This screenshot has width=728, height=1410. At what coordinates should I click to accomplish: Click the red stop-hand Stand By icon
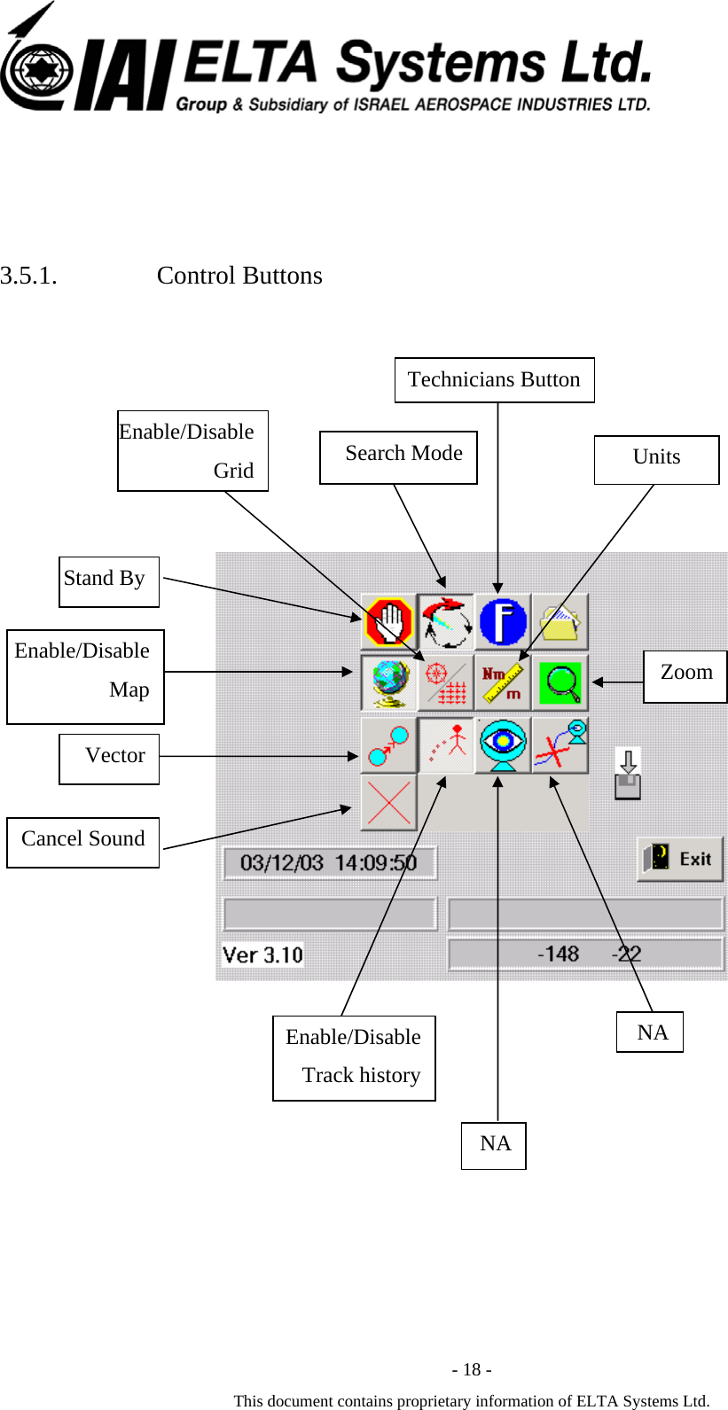(x=389, y=621)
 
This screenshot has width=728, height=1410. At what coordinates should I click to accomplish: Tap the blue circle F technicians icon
(x=503, y=621)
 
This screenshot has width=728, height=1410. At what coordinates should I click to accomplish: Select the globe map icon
(x=389, y=682)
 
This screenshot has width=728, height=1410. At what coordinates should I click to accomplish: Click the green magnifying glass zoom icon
(x=560, y=682)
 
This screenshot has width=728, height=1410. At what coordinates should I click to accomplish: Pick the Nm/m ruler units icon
(x=503, y=682)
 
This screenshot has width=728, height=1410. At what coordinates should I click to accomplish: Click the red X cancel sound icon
(x=388, y=803)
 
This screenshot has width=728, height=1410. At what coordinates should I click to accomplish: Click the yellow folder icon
(x=560, y=621)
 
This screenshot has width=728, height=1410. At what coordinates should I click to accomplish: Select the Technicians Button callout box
(x=494, y=380)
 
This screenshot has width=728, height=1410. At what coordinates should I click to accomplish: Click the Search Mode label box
(x=398, y=457)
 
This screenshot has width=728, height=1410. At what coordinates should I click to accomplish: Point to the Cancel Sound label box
(x=83, y=842)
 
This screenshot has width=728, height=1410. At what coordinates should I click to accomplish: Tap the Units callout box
(x=656, y=459)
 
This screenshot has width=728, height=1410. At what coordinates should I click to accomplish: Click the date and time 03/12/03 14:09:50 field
(x=329, y=863)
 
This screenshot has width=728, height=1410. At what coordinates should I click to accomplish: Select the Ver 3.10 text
(x=262, y=955)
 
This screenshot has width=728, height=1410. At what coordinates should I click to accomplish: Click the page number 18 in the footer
(x=472, y=1370)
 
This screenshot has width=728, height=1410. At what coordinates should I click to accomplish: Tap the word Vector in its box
(x=114, y=756)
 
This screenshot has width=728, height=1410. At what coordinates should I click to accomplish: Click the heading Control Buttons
(x=239, y=276)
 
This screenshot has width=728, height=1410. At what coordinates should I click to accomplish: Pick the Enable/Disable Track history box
(x=354, y=1058)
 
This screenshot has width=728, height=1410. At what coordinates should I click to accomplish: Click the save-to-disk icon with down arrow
(x=628, y=774)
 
